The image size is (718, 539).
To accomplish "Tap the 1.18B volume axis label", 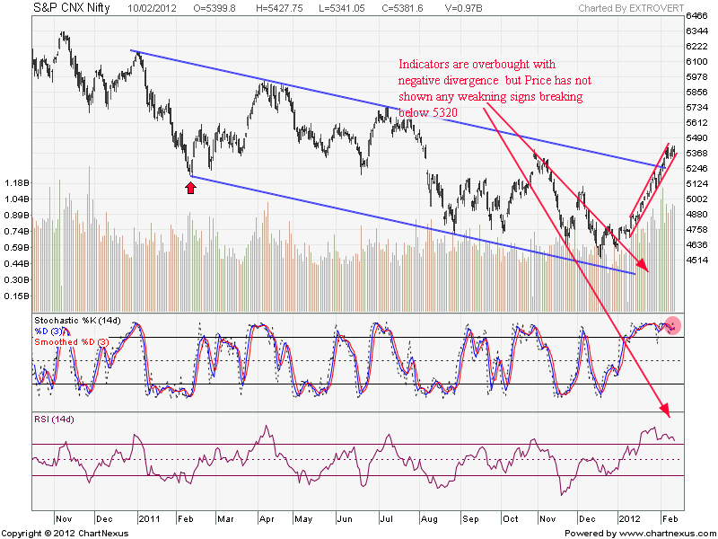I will [x=16, y=183].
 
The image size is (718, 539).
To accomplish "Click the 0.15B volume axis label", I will [x=16, y=296].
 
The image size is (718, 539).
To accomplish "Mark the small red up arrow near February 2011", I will [x=189, y=187].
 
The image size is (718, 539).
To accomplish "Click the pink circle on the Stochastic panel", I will [x=672, y=326].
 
